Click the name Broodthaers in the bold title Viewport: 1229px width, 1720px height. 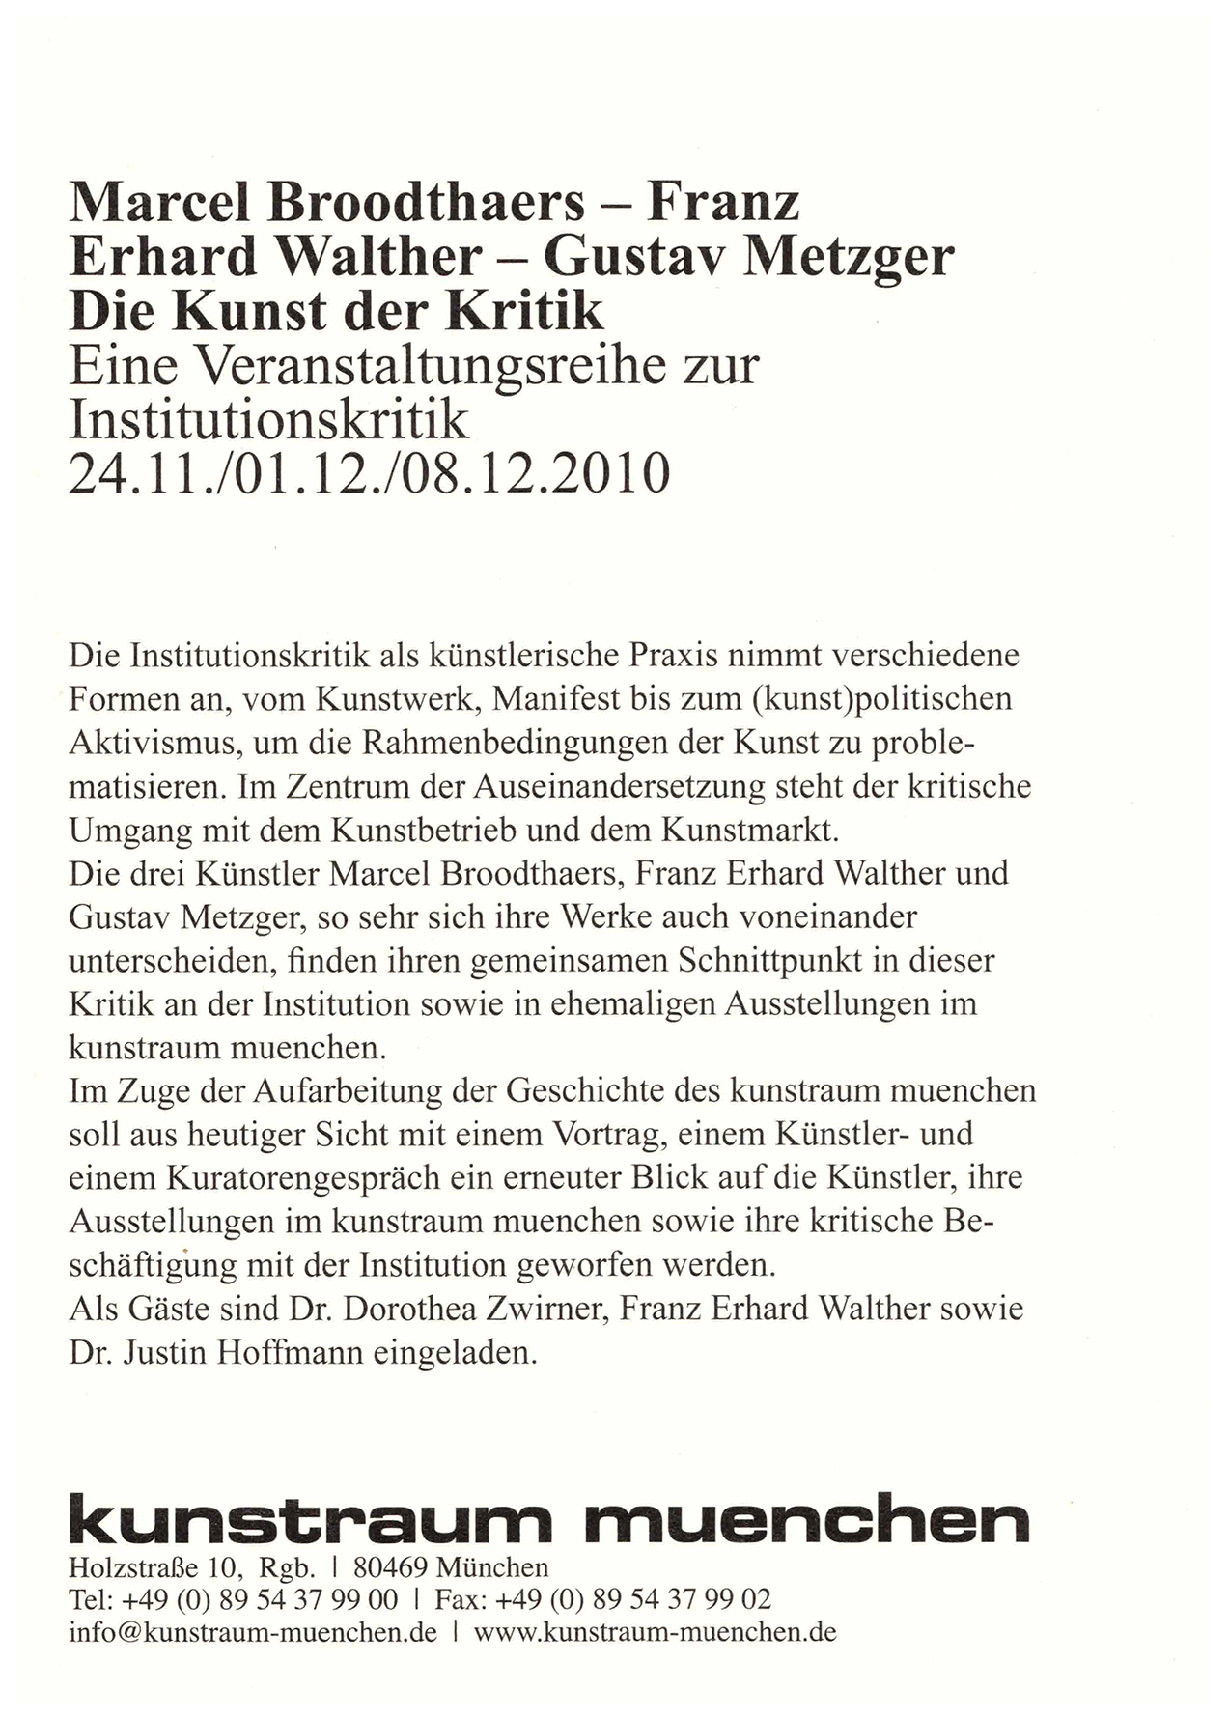[x=427, y=203]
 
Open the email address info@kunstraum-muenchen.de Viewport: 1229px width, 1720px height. [x=252, y=1632]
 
